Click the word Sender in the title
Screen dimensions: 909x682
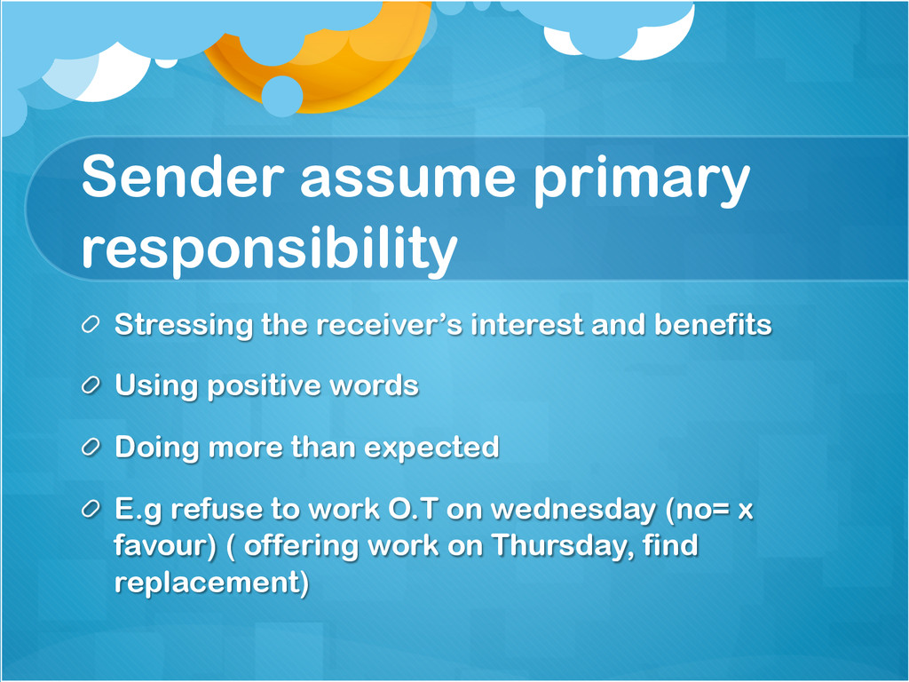click(183, 176)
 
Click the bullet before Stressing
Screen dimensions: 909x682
click(91, 324)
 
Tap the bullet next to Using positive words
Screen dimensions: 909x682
click(91, 385)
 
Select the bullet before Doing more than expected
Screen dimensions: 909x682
click(91, 448)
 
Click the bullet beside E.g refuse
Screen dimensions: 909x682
click(91, 509)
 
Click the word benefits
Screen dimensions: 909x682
click(713, 324)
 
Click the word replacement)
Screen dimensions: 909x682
click(211, 583)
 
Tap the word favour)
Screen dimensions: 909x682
click(165, 546)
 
